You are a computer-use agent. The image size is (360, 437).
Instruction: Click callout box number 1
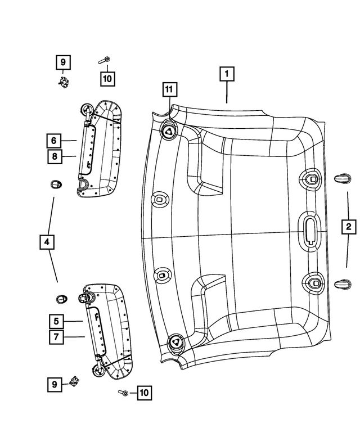(227, 74)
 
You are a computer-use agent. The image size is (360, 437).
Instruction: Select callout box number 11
(168, 89)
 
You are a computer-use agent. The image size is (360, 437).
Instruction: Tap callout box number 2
(349, 227)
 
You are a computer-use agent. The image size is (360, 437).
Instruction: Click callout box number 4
(47, 243)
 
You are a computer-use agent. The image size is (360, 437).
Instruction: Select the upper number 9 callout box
(63, 62)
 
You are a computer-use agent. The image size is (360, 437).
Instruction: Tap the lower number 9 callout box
(54, 385)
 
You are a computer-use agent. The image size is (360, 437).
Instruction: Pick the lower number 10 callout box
(144, 393)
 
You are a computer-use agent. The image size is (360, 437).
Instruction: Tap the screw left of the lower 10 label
(122, 393)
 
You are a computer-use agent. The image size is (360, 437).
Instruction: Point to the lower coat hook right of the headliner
(342, 285)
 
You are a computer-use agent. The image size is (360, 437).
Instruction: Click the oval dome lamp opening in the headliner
(309, 228)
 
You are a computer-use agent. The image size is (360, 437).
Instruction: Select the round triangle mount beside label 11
(168, 131)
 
